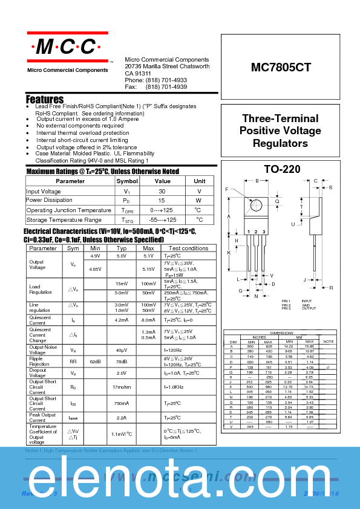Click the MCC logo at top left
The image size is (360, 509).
tap(67, 47)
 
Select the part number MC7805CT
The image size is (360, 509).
tap(281, 68)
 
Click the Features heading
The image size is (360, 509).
tap(45, 99)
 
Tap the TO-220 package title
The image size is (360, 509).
tap(282, 170)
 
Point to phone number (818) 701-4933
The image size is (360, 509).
tap(166, 80)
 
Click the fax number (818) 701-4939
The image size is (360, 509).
tap(166, 87)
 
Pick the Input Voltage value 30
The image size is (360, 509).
tap(162, 191)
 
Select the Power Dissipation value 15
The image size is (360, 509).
tap(162, 201)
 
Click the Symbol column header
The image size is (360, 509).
tap(127, 181)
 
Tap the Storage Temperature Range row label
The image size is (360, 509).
tap(64, 220)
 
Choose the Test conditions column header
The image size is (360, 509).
tap(188, 248)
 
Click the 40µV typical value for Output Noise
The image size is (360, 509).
tap(122, 350)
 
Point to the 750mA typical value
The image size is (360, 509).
tap(122, 403)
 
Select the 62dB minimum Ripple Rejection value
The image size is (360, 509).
tap(95, 361)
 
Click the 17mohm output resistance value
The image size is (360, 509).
tap(122, 387)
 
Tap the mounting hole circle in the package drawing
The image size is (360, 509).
tap(257, 204)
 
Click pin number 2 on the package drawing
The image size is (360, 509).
tap(256, 232)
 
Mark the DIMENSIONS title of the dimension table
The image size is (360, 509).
tap(281, 333)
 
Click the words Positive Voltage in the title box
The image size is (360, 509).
tap(280, 131)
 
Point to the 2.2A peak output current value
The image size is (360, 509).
tap(122, 418)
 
